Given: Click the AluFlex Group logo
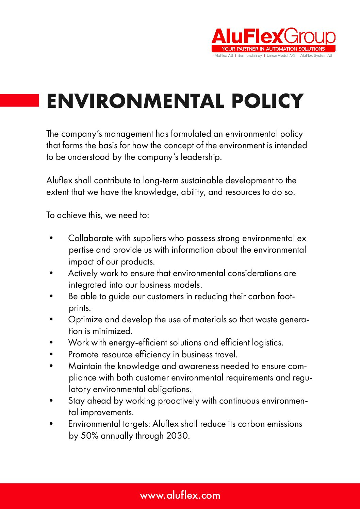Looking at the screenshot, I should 273,36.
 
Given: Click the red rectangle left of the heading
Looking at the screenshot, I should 19,101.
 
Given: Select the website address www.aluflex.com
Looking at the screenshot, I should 180,495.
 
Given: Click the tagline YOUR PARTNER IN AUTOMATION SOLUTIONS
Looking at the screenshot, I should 273,49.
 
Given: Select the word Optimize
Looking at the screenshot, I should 85,320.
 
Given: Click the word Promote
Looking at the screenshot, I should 83,354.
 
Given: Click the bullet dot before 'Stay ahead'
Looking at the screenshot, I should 51,401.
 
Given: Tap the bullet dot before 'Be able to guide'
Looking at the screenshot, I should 51,296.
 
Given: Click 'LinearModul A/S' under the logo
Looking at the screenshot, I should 281,55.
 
